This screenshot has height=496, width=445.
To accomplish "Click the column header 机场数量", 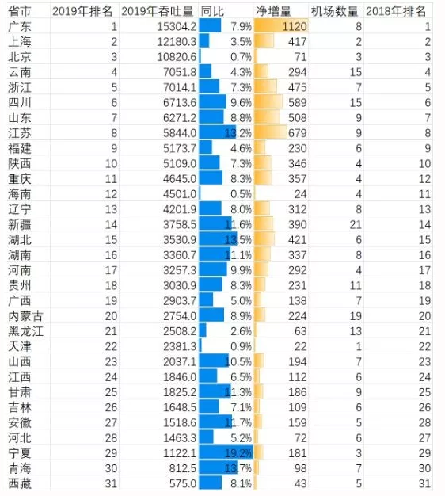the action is pyautogui.click(x=334, y=11).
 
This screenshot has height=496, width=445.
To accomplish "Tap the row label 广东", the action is pyautogui.click(x=20, y=27).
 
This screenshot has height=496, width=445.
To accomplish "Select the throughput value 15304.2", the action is pyautogui.click(x=177, y=27).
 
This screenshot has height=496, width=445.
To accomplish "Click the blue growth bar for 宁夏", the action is pyautogui.click(x=226, y=452).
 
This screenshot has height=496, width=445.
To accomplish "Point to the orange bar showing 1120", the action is pyautogui.click(x=281, y=26).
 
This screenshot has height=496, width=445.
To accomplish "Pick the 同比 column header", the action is pyautogui.click(x=212, y=11).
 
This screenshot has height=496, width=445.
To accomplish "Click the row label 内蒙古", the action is pyautogui.click(x=25, y=316).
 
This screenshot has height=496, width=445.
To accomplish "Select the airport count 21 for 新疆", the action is pyautogui.click(x=356, y=224).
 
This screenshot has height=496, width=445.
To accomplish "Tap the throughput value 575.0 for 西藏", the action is pyautogui.click(x=183, y=483).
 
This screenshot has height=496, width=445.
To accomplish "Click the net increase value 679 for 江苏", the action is pyautogui.click(x=297, y=133).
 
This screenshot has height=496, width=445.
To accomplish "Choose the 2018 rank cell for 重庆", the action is pyautogui.click(x=424, y=179).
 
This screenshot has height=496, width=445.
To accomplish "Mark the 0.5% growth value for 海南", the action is pyautogui.click(x=241, y=194).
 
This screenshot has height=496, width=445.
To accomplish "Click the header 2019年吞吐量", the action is pyautogui.click(x=157, y=11).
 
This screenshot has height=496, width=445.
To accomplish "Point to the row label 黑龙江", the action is pyautogui.click(x=25, y=331).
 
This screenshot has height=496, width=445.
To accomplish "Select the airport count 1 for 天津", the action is pyautogui.click(x=359, y=346).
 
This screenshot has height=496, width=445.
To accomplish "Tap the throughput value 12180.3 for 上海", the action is pyautogui.click(x=177, y=42).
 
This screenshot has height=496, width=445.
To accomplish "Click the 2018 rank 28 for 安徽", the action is pyautogui.click(x=424, y=422).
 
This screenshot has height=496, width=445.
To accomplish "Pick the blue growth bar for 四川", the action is pyautogui.click(x=213, y=102).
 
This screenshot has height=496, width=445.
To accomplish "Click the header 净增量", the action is pyautogui.click(x=273, y=11).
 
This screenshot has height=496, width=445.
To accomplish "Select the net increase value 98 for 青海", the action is pyautogui.click(x=300, y=468).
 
